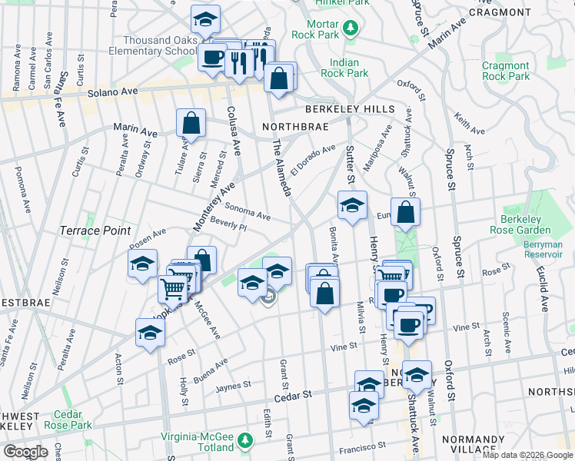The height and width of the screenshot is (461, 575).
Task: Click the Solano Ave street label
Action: (x=112, y=91)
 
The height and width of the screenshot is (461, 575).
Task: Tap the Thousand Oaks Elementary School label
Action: (x=148, y=45)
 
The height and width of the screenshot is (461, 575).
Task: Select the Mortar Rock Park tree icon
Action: (x=351, y=28)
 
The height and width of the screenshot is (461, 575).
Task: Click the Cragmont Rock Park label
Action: (x=506, y=71)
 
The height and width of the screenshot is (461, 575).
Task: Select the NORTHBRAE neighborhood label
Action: (x=295, y=126)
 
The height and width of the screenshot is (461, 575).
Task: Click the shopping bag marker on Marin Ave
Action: (x=191, y=123)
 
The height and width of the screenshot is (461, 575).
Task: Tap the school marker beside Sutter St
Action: (x=352, y=207)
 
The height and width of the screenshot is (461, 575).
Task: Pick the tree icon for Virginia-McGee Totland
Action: (x=244, y=440)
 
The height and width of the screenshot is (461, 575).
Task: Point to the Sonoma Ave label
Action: (x=248, y=211)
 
